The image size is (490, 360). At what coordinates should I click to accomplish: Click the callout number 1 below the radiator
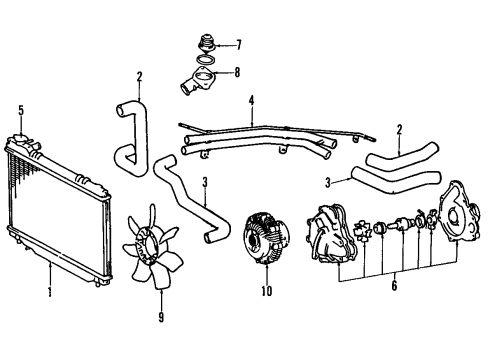(49, 293)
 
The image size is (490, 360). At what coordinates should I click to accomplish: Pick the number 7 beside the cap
(238, 45)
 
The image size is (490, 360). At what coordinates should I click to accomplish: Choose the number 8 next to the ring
(238, 71)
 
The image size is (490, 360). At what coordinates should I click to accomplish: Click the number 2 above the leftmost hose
(140, 75)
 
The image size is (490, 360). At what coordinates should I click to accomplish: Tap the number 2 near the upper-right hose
(400, 129)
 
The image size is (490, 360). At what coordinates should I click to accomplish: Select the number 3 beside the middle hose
(204, 182)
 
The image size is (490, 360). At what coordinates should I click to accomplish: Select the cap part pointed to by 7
(206, 45)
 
